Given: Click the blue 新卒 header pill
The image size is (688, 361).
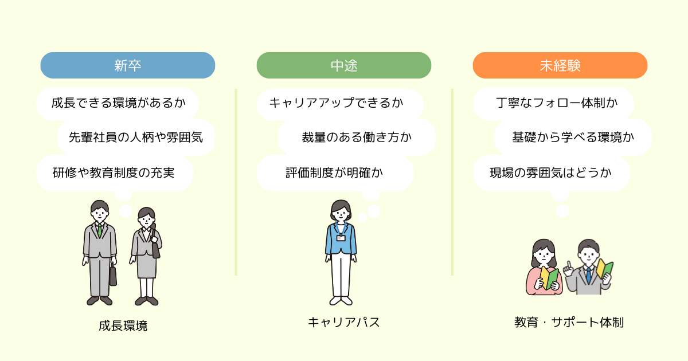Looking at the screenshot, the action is point(128,65).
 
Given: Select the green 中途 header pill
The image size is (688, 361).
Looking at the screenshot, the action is point(344,65).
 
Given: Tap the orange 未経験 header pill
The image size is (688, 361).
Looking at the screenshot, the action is point(560,65).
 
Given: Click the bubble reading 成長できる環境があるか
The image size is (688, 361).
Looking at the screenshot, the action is point(118,103).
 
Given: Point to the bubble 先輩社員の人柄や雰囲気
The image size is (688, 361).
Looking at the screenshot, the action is point(136,137).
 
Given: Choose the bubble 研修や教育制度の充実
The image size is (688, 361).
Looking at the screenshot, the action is point(115,173).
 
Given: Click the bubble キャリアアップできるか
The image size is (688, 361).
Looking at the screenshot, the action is point(341,104).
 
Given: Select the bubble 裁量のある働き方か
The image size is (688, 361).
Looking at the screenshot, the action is point(357,137).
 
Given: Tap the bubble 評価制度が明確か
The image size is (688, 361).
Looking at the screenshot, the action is point(335,173).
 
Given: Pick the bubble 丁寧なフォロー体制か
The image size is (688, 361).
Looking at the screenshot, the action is point(553,103).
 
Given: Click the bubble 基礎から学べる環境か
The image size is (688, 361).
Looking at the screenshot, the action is point(573,137).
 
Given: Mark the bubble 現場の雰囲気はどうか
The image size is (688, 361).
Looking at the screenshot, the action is point(552,173).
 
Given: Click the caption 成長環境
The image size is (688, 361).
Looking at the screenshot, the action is point(123,325).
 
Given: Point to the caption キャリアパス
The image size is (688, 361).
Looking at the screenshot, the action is point(344,322).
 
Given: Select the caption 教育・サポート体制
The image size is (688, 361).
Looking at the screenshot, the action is point(569,322).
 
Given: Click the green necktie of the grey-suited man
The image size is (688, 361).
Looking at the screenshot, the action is point(100,230).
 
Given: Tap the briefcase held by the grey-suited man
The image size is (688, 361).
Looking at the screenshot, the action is point(113,276).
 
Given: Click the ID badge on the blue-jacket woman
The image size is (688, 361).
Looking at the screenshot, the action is point(341,238).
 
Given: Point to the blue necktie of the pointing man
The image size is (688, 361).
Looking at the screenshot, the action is point(588,276).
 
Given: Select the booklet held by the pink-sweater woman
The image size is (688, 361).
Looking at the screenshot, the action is point(549,278).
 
